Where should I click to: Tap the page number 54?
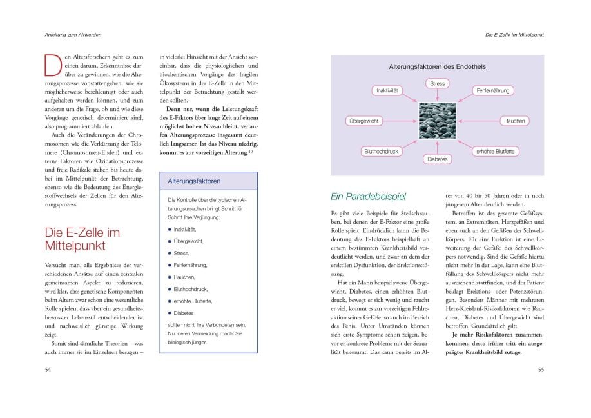click(48, 369)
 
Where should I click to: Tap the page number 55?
click(541, 369)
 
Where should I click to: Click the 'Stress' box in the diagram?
click(437, 83)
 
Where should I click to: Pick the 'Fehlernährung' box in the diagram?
click(492, 91)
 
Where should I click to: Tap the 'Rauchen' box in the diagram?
click(515, 121)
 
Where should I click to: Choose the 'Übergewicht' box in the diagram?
click(365, 121)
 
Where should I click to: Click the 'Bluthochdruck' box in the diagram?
click(382, 152)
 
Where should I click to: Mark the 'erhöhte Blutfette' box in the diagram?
click(495, 152)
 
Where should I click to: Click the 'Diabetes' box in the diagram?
click(437, 159)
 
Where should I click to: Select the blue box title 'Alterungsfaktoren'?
click(194, 181)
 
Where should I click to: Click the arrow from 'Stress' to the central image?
click(437, 95)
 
